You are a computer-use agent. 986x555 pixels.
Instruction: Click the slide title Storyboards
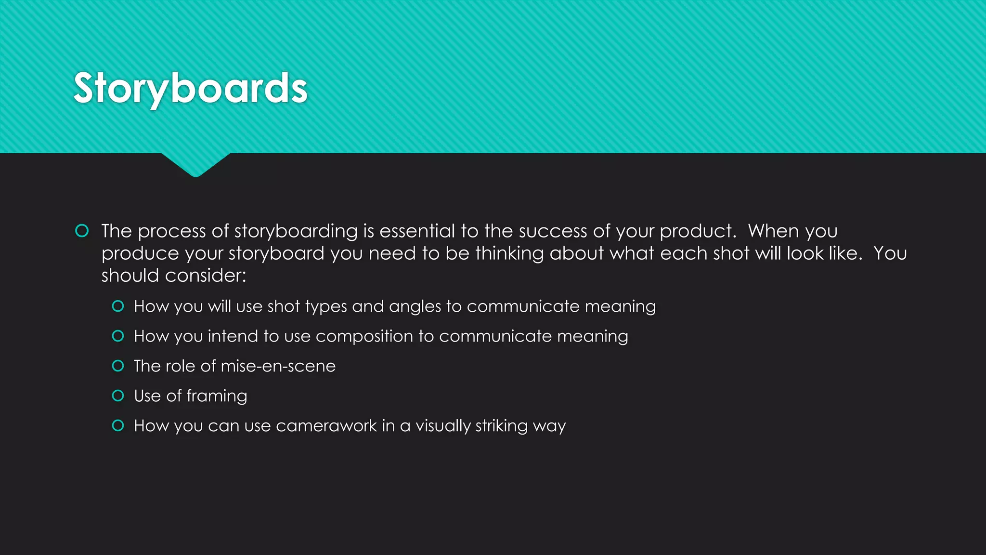[x=190, y=88]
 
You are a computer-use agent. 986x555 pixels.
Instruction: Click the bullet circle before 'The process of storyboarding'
[x=82, y=231]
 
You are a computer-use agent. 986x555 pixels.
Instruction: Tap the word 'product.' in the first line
[x=698, y=232]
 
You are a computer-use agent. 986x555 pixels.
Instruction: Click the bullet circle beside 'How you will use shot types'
[x=118, y=306]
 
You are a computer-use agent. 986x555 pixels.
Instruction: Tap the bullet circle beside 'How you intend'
[x=118, y=336]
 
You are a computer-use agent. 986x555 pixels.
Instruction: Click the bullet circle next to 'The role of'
[x=118, y=366]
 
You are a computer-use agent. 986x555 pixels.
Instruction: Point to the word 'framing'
[x=217, y=396]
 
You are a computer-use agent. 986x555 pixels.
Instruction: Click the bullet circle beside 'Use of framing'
[x=118, y=396]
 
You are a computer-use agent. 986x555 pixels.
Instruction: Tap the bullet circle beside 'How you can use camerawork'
[x=118, y=425]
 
